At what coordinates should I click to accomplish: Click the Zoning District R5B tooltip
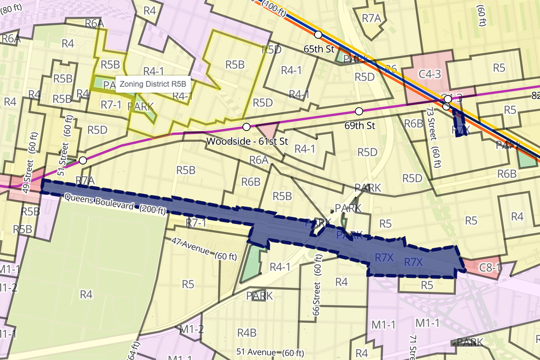pos(151,84)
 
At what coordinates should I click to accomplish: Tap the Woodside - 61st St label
pos(247,141)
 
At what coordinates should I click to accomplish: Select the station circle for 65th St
pos(318,35)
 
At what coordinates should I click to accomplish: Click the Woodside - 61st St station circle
pos(246,126)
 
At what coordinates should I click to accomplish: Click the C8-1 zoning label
pos(490,267)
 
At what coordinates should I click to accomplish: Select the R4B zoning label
pos(247,333)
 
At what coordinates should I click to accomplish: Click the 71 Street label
pos(412,346)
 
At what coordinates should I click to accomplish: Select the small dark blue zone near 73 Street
pos(459,123)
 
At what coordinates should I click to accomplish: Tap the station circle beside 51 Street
pos(83,160)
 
